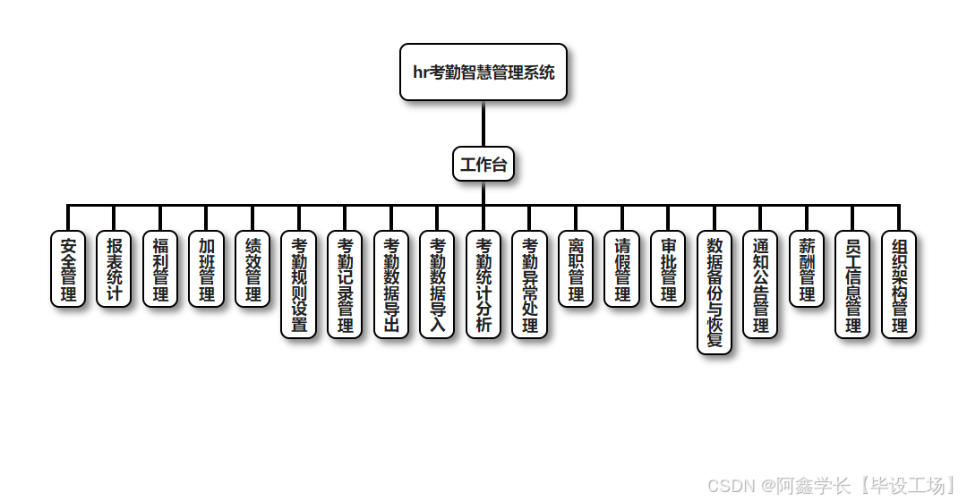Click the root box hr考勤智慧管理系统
click(x=483, y=72)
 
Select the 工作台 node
click(x=483, y=165)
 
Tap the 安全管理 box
click(x=68, y=269)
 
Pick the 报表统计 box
click(x=115, y=269)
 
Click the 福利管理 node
click(x=160, y=269)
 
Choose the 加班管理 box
click(x=207, y=269)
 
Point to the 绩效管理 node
click(x=253, y=269)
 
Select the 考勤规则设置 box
click(x=299, y=284)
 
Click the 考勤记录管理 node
click(x=346, y=284)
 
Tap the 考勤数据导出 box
click(x=391, y=284)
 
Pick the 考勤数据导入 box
click(x=438, y=284)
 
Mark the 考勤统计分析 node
click(x=483, y=284)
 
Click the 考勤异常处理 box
click(x=530, y=284)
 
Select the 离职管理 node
click(x=576, y=269)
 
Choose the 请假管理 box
click(x=622, y=269)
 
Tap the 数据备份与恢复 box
click(x=715, y=293)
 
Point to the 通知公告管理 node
click(x=761, y=284)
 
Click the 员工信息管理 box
click(x=853, y=284)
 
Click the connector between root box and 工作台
click(x=483, y=123)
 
